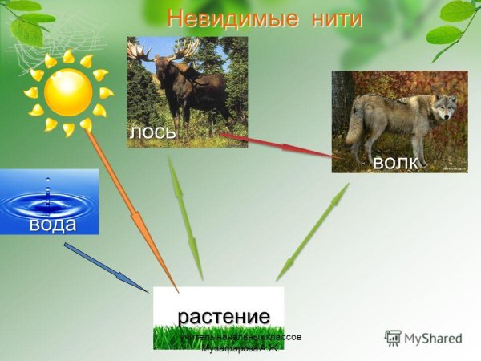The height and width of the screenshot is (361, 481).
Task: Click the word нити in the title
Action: pyautogui.click(x=329, y=18)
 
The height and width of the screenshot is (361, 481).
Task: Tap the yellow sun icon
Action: pyautogui.click(x=68, y=92)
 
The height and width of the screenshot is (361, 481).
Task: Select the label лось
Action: pyautogui.click(x=152, y=132)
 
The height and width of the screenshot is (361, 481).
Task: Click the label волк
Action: pyautogui.click(x=395, y=162)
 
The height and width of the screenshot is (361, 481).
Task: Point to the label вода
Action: pyautogui.click(x=53, y=224)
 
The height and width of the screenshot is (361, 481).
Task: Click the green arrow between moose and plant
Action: pyautogui.click(x=184, y=217)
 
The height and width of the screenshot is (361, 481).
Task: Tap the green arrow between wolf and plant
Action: pyautogui.click(x=313, y=232)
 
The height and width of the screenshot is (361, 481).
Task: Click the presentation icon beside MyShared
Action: pyautogui.click(x=393, y=338)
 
